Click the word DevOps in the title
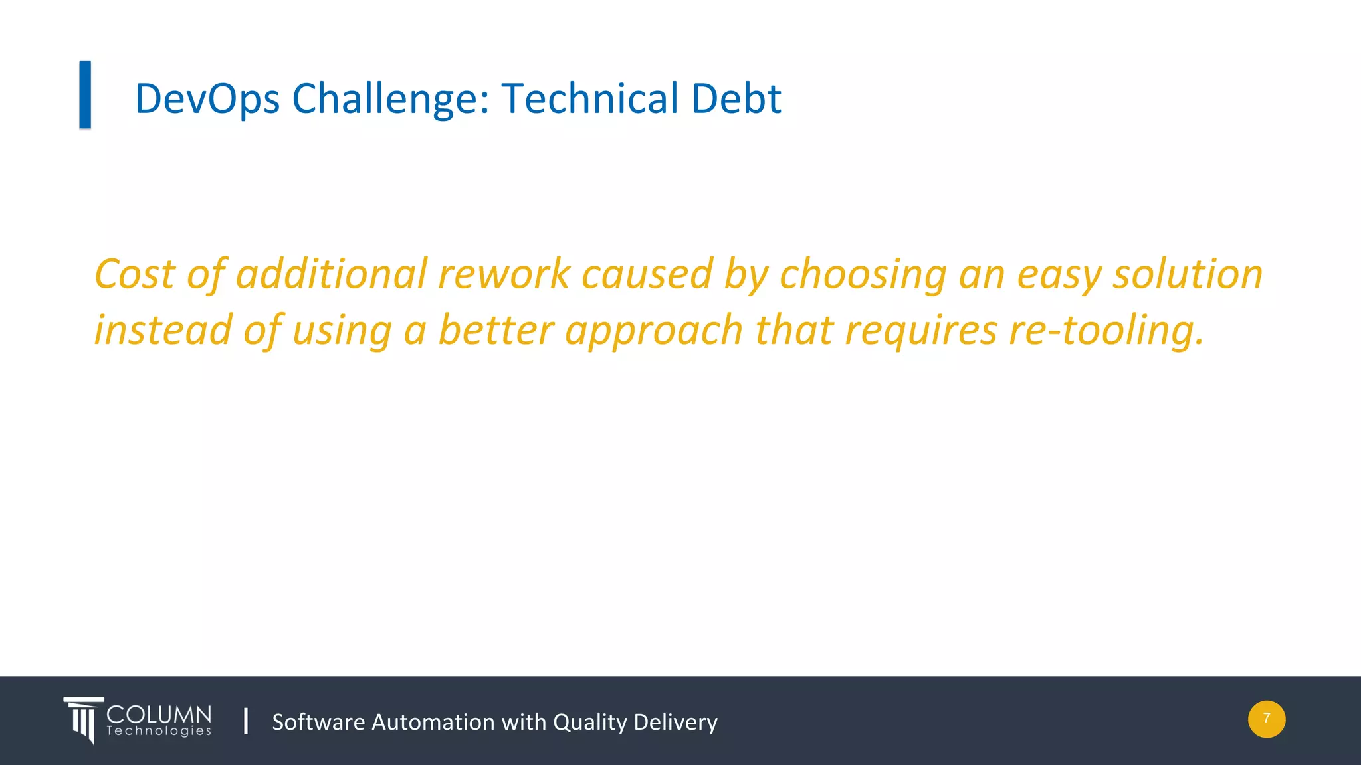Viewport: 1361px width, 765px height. click(207, 99)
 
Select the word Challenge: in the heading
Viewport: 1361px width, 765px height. click(391, 99)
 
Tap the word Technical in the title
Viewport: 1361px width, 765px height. click(589, 99)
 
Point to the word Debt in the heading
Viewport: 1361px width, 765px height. click(736, 99)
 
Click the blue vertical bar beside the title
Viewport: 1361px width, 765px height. click(85, 94)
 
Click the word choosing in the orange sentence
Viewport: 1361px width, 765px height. click(863, 275)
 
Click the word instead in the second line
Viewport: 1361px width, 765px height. click(163, 330)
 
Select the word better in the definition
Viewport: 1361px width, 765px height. click(496, 330)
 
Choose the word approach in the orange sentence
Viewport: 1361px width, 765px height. click(653, 331)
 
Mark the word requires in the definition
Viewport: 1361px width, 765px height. click(920, 331)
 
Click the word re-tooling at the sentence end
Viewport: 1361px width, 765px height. click(1106, 330)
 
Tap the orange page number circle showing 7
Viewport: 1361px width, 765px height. click(1266, 719)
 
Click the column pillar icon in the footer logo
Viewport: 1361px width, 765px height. click(83, 720)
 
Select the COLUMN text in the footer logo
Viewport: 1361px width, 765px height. click(159, 715)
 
